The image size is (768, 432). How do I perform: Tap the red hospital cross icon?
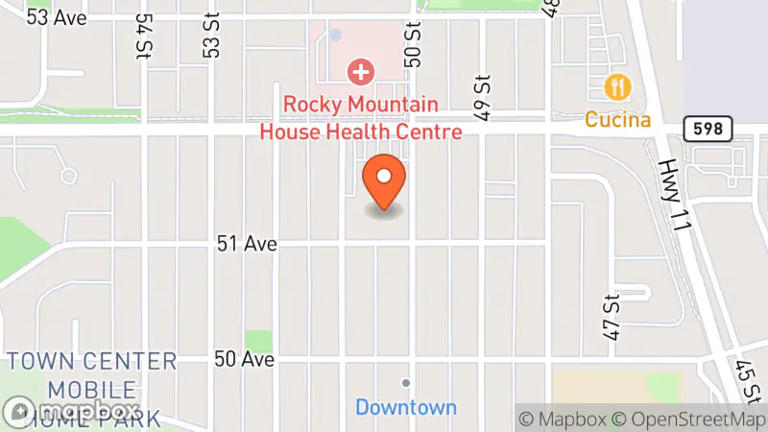[x=361, y=71]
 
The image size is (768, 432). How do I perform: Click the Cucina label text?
[x=618, y=120]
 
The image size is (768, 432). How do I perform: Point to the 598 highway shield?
[x=709, y=127]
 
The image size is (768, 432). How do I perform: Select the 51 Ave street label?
[x=247, y=245]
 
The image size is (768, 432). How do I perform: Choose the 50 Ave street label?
[x=245, y=359]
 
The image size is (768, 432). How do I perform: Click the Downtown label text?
[x=406, y=407]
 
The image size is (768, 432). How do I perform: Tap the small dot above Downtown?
[x=406, y=383]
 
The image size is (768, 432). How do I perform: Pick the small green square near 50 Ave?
[x=258, y=341]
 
